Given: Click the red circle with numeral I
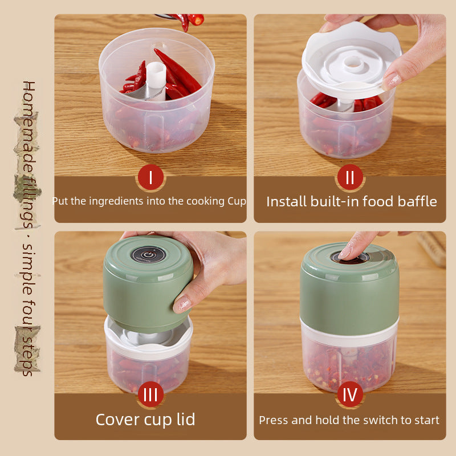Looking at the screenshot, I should tap(150, 177).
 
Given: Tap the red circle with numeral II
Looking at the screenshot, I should tap(350, 177).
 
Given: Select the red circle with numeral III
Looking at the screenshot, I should tap(150, 394).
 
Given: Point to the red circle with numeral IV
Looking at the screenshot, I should tap(350, 394).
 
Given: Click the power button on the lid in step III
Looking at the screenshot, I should tap(148, 255).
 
